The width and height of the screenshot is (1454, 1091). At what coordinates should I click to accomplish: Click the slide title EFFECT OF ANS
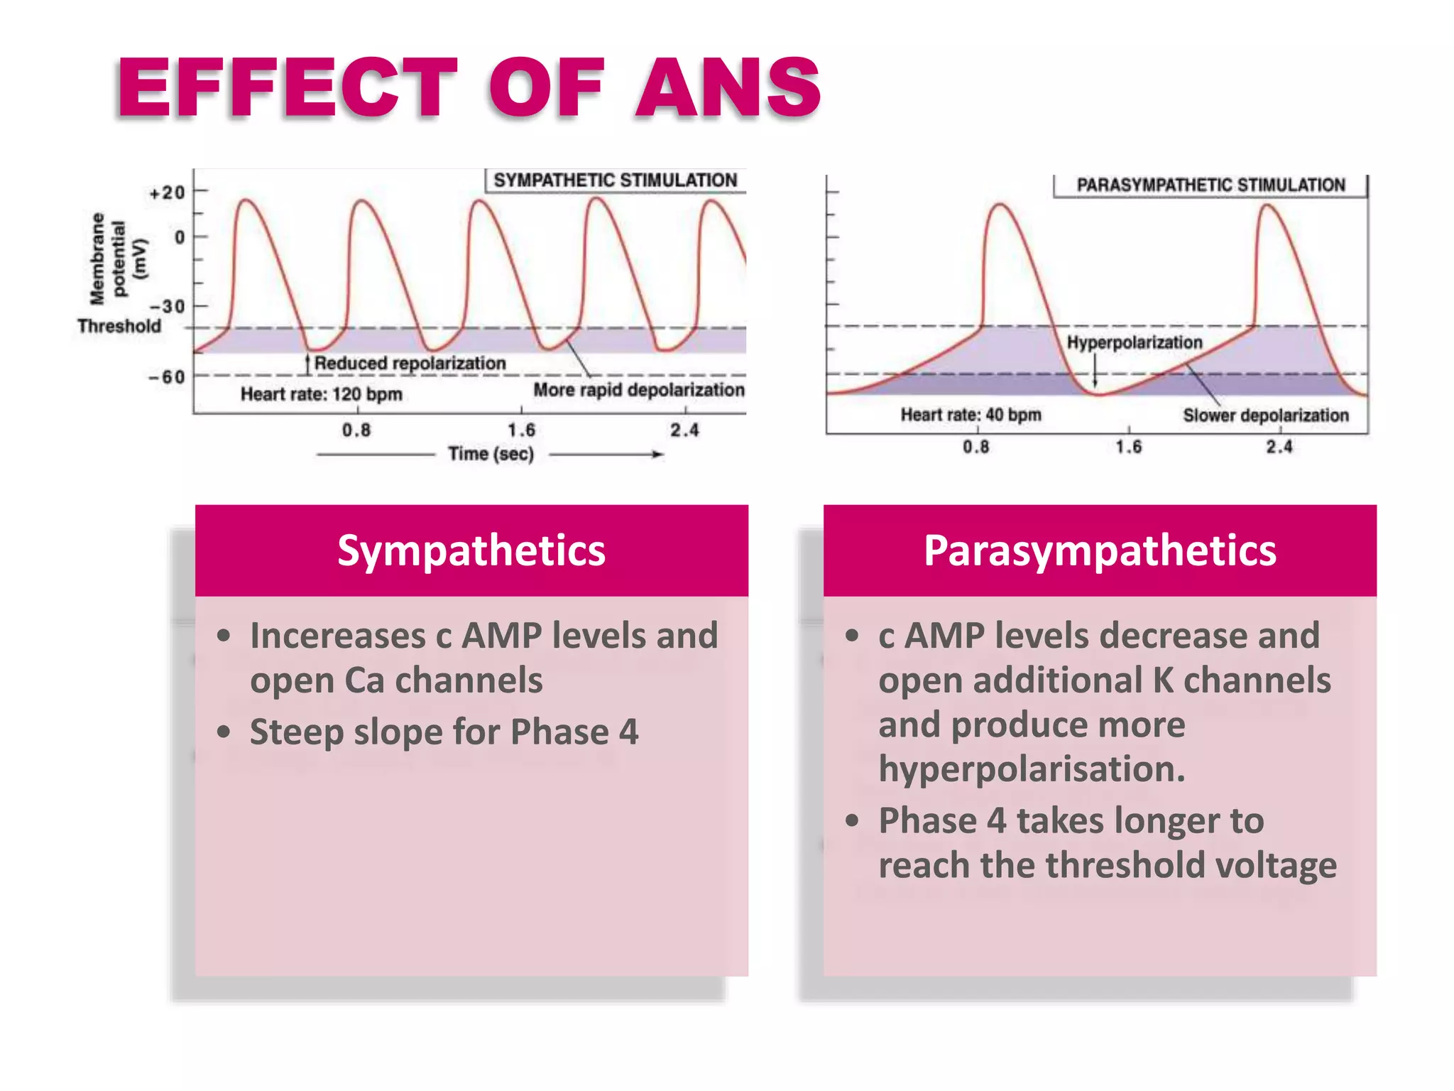(469, 88)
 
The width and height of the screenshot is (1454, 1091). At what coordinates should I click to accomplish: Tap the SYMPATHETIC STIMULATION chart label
(615, 180)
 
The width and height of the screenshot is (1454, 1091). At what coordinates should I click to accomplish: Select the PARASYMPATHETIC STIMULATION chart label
(1210, 185)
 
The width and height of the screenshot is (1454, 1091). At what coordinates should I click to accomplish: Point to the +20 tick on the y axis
(168, 192)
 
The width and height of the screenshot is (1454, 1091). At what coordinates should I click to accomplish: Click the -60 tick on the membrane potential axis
(167, 377)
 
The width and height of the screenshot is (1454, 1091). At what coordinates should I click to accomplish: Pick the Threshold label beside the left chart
(119, 326)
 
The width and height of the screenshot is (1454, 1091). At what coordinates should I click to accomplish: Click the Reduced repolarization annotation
(410, 363)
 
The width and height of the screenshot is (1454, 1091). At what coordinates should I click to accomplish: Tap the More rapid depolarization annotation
(639, 390)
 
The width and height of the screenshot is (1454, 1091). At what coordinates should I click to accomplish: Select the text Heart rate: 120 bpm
(321, 393)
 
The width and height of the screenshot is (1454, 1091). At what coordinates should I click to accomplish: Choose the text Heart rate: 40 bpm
(971, 415)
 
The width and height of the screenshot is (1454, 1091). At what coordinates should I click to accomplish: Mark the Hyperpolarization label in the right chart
(1134, 342)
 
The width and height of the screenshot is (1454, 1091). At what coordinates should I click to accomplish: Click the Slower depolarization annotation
(1265, 416)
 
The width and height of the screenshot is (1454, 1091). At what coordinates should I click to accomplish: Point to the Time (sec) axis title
(491, 454)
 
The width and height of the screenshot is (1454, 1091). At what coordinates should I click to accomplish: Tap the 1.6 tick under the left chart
(521, 430)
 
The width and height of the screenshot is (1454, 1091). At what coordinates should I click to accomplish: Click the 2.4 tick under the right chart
(1279, 447)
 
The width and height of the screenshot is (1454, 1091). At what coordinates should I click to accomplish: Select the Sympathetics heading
(471, 550)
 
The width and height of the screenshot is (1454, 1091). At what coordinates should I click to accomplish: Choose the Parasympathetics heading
(1100, 550)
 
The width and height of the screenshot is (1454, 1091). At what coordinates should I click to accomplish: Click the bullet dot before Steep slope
(224, 732)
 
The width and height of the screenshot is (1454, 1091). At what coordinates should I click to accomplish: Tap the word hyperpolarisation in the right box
(1032, 769)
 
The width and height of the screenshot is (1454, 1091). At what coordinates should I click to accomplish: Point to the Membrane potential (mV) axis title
(119, 258)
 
